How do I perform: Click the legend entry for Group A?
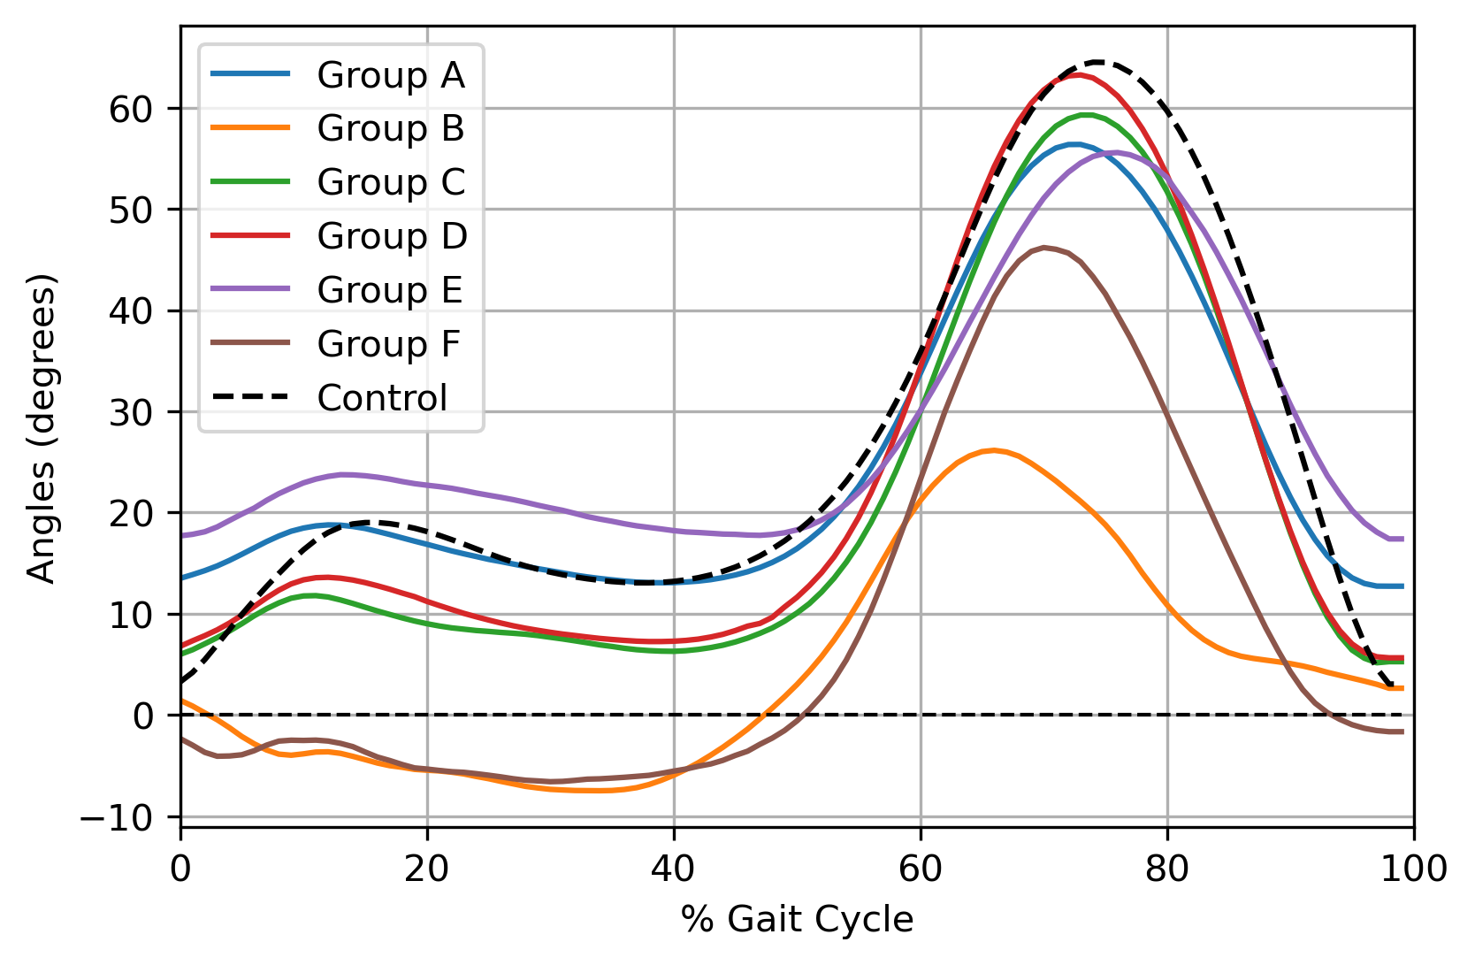(x=390, y=75)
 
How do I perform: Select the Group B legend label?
(x=390, y=129)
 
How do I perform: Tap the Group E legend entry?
(x=390, y=290)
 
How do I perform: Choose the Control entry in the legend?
(x=382, y=398)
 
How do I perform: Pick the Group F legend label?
(x=388, y=344)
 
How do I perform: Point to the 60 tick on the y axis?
(x=131, y=109)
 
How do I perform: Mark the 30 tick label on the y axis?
(x=131, y=412)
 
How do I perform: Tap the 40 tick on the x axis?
(x=674, y=869)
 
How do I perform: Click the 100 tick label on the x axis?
(x=1413, y=869)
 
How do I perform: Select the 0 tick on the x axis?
(x=180, y=869)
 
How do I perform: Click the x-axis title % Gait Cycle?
(x=797, y=920)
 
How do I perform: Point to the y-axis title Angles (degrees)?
(x=42, y=428)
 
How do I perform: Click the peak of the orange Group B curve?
(x=994, y=450)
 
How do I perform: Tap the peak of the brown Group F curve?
(x=1044, y=248)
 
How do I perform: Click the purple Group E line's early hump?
(x=343, y=474)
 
